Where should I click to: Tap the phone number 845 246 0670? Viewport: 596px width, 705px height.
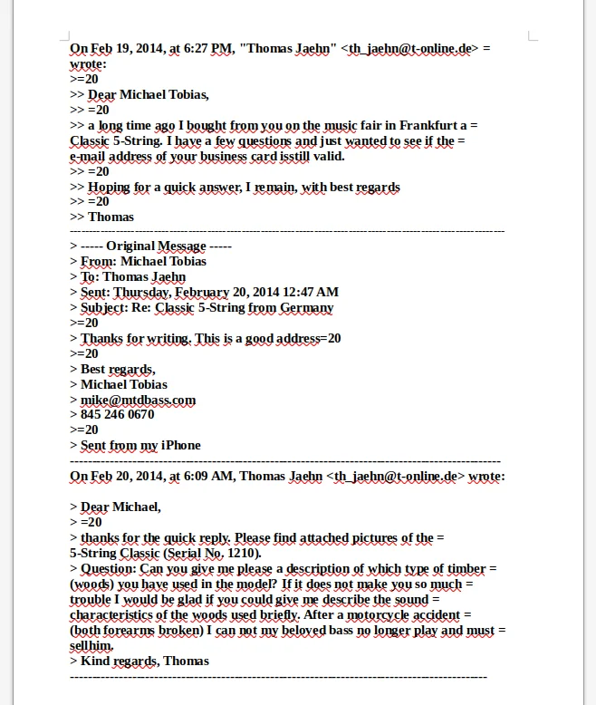pos(117,415)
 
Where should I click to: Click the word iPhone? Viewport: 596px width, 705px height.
pos(181,445)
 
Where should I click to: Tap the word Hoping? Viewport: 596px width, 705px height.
pos(110,187)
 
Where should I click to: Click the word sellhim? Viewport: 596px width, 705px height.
pos(92,645)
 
